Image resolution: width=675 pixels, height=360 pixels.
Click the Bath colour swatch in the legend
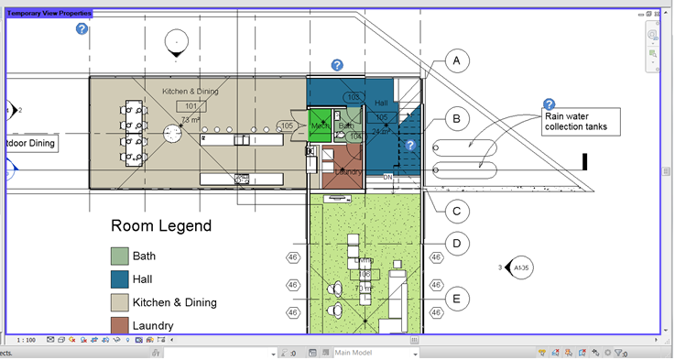pyautogui.click(x=120, y=256)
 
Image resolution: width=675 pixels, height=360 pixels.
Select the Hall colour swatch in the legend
pyautogui.click(x=120, y=279)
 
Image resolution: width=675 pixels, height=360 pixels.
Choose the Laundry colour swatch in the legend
pyautogui.click(x=120, y=325)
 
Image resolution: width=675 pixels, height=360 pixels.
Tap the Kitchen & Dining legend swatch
pyautogui.click(x=120, y=302)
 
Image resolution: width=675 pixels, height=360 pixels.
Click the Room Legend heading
pyautogui.click(x=161, y=226)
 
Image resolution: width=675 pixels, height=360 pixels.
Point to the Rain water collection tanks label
pyautogui.click(x=580, y=121)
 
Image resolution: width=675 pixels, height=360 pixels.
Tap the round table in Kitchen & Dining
pyautogui.click(x=173, y=134)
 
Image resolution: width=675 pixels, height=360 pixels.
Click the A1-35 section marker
pyautogui.click(x=519, y=267)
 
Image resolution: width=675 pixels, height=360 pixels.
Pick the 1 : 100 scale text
pyautogui.click(x=26, y=340)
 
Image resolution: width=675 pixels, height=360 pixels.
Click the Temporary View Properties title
pyautogui.click(x=49, y=14)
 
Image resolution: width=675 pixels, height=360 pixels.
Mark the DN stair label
pyautogui.click(x=387, y=177)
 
